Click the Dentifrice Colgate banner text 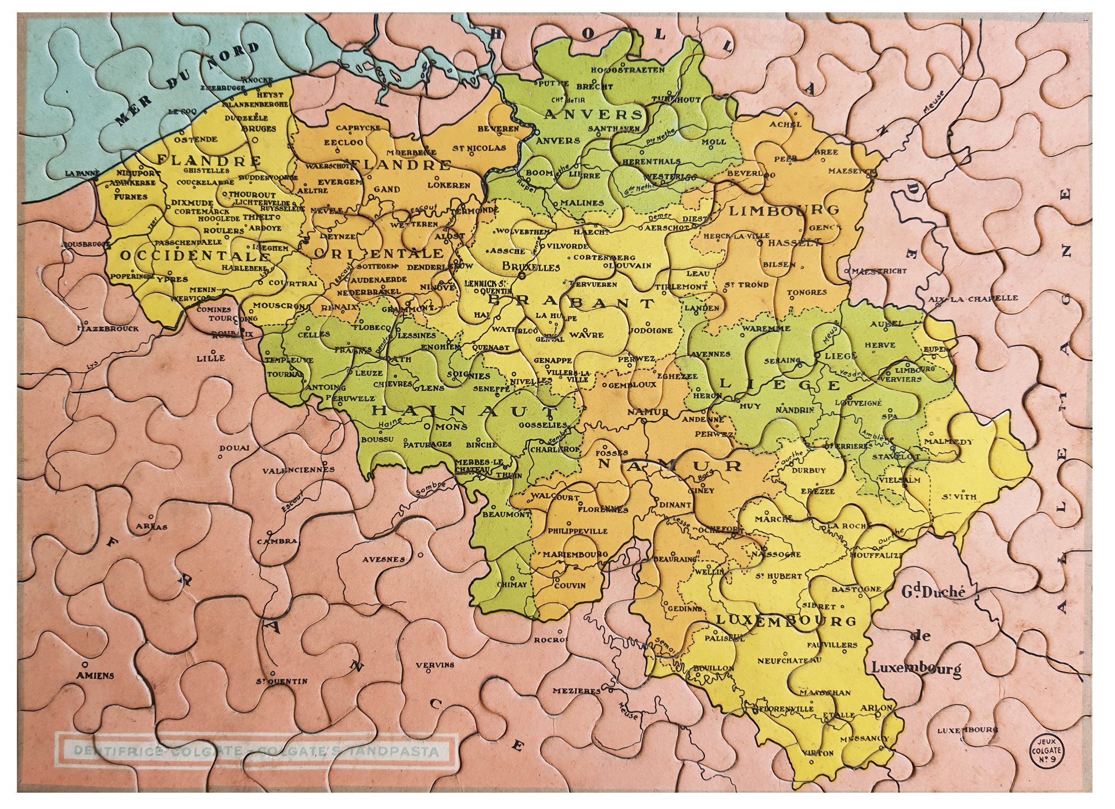point(256,751)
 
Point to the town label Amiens point(95,675)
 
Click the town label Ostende point(196,139)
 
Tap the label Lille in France point(210,358)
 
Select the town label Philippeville point(577,531)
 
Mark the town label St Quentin point(283,681)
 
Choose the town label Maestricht point(882,271)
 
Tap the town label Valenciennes point(298,469)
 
